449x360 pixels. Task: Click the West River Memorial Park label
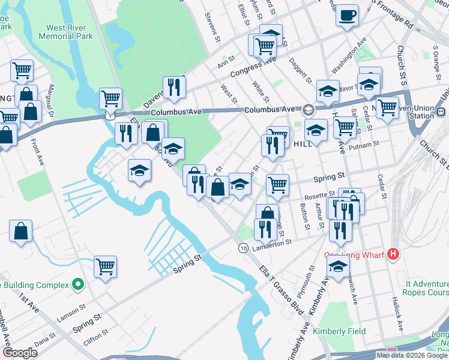click(66, 32)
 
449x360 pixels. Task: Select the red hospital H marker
click(393, 254)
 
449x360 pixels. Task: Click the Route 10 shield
click(243, 248)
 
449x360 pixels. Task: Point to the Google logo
click(20, 353)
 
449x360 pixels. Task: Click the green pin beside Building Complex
click(77, 284)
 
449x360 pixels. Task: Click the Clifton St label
click(96, 334)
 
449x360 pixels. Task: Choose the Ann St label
click(226, 61)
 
